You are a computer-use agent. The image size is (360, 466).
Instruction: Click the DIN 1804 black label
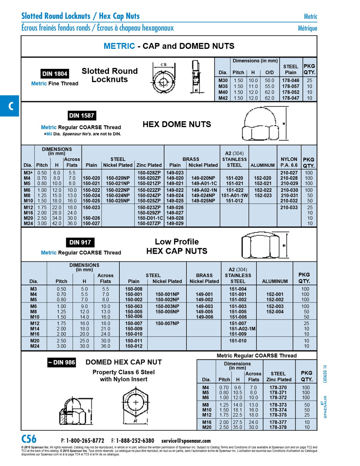tap(55, 74)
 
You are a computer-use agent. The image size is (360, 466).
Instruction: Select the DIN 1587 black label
tap(82, 116)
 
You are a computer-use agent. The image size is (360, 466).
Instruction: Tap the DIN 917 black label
tap(80, 242)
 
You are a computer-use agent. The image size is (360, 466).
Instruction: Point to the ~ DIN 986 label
tap(62, 362)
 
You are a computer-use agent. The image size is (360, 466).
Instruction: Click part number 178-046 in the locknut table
tap(290, 80)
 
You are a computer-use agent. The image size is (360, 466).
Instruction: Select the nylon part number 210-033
tap(289, 208)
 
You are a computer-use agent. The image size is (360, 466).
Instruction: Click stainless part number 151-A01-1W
tap(234, 196)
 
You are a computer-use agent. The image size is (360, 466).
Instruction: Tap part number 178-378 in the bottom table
tap(278, 427)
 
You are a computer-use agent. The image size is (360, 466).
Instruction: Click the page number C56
tap(29, 439)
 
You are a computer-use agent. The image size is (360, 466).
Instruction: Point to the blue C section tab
tap(9, 106)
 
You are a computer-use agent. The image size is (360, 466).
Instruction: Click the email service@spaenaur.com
tap(186, 441)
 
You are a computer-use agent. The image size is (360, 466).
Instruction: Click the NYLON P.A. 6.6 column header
tap(289, 162)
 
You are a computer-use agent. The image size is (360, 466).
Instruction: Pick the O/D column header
tap(269, 72)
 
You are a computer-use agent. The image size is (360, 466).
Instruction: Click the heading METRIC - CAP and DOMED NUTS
tap(169, 46)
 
